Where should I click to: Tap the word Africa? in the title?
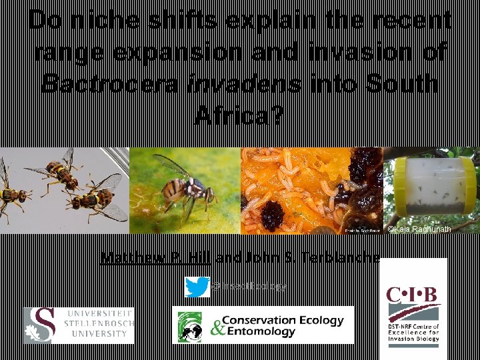tap(239, 116)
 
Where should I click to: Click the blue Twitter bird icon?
tap(197, 287)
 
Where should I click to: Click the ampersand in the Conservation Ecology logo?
tap(216, 327)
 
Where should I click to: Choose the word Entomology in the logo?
tap(260, 332)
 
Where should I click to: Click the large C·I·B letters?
tap(414, 294)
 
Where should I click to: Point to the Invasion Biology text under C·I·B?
tap(414, 338)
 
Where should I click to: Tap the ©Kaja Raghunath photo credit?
tap(420, 229)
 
